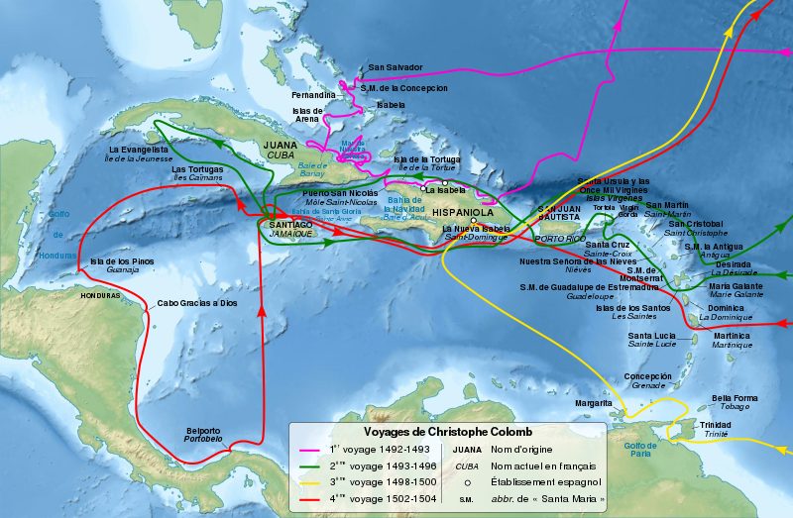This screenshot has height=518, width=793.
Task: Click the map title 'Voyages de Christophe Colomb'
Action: (x=448, y=432)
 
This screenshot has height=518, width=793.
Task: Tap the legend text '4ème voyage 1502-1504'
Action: (x=381, y=500)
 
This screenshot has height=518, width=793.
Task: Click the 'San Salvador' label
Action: (x=396, y=68)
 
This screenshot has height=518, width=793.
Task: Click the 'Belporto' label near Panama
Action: (x=204, y=431)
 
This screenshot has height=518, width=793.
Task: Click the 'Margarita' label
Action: (x=594, y=403)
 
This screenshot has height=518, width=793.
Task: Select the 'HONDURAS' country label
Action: (x=100, y=295)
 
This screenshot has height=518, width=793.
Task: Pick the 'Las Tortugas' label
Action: (x=197, y=169)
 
